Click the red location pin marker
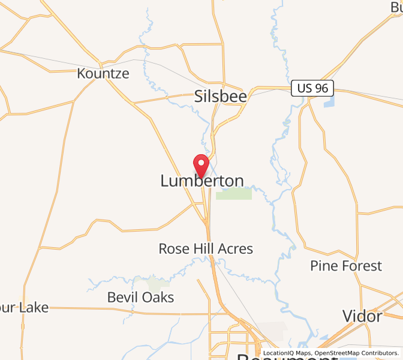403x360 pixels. tap(200, 165)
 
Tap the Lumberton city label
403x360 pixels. tap(202, 181)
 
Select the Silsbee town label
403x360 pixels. tap(220, 96)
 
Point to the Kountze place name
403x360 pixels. tap(103, 74)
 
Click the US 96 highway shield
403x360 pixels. tap(312, 88)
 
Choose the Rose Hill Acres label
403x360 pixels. tap(206, 248)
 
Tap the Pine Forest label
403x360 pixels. tap(346, 266)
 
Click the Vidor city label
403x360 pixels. tap(362, 316)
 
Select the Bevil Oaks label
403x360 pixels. tap(140, 297)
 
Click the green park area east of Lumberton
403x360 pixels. tap(234, 194)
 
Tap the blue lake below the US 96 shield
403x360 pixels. tap(328, 103)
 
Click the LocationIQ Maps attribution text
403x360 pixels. tap(288, 353)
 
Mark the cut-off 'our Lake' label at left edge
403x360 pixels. tap(24, 308)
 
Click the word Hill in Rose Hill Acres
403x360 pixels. tap(206, 248)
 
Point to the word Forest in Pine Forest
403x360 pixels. tap(361, 266)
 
